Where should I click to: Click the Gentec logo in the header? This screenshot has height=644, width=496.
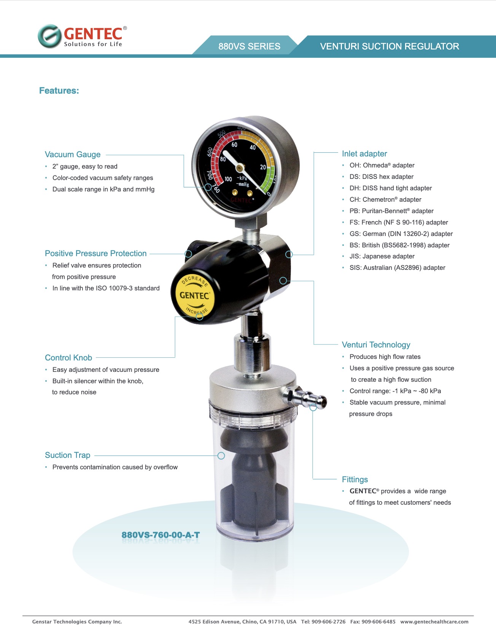(82, 36)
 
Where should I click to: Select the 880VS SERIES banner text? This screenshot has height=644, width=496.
(249, 46)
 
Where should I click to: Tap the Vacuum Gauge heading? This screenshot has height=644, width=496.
(73, 155)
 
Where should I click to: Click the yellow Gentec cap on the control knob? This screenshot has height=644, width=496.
(194, 296)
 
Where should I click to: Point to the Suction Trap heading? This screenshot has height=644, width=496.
(68, 455)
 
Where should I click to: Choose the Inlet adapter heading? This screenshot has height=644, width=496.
(364, 154)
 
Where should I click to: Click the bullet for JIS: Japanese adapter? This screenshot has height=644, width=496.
(382, 256)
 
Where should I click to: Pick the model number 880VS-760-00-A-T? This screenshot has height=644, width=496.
(161, 535)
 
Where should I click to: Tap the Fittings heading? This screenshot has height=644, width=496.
(355, 480)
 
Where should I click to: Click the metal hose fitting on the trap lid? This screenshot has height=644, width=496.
(305, 397)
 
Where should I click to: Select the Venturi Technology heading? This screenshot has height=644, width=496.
(376, 345)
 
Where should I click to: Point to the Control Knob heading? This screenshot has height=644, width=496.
(68, 358)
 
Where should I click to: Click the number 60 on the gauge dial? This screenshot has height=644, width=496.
(234, 145)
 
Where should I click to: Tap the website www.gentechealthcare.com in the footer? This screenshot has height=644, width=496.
(434, 622)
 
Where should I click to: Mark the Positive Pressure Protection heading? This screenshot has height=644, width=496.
(95, 253)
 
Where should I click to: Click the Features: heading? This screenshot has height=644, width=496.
(59, 91)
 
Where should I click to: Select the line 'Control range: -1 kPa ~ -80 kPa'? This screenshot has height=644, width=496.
(395, 391)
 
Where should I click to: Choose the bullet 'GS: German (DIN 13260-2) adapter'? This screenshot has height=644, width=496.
(401, 234)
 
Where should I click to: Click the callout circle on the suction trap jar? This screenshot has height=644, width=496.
(221, 456)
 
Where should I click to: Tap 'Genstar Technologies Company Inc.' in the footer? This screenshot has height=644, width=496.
(77, 622)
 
